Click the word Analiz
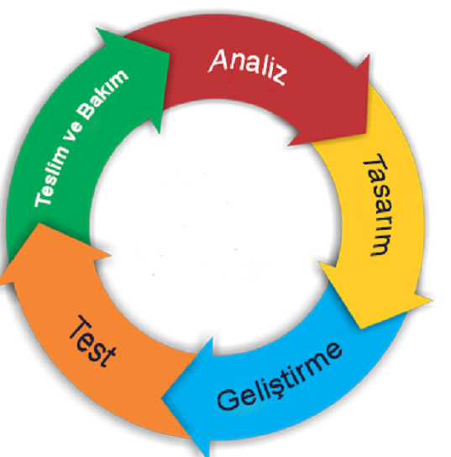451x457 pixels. pyautogui.click(x=248, y=66)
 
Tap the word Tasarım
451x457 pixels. pyautogui.click(x=376, y=205)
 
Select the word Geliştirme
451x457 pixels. pyautogui.click(x=280, y=377)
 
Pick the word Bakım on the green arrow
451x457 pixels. pyautogui.click(x=102, y=94)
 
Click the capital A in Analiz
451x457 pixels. pyautogui.click(x=218, y=60)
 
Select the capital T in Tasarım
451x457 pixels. pyautogui.click(x=376, y=164)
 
